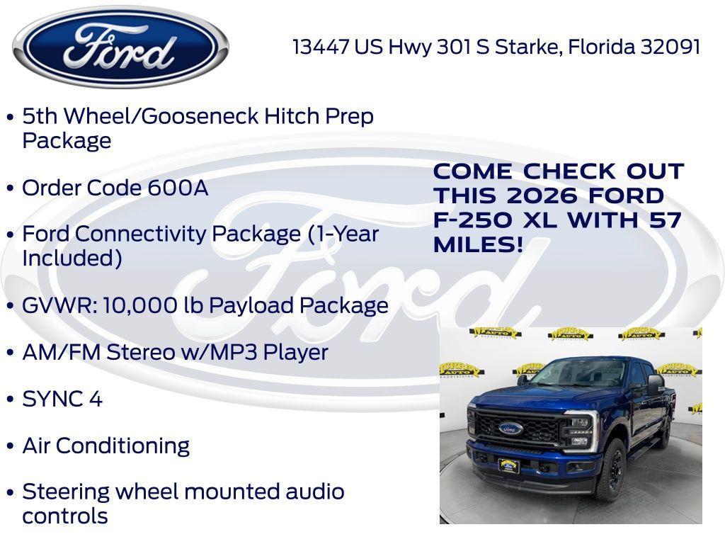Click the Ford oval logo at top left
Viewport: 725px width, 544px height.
120,47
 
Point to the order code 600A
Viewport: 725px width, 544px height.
178,188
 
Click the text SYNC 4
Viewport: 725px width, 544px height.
62,399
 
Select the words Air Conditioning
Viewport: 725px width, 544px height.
106,446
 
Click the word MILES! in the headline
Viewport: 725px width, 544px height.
478,245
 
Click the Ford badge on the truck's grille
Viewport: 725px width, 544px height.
510,428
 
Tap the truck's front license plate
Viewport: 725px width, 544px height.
508,465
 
